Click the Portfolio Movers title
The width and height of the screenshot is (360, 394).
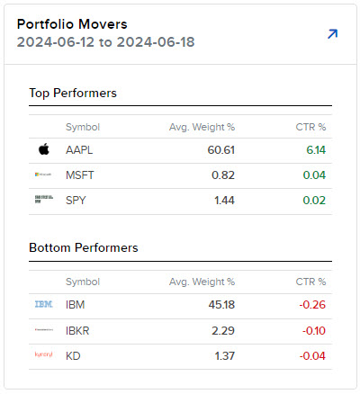pos(72,23)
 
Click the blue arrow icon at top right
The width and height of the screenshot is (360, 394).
pos(332,34)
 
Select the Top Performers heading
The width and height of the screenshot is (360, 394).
pos(73,93)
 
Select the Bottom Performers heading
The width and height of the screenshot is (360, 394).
pos(84,246)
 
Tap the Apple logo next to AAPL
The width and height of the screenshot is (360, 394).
pos(43,149)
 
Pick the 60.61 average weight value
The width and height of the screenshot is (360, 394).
pos(220,149)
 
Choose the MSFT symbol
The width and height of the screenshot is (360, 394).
pos(81,175)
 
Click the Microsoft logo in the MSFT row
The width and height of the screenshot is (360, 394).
pos(43,175)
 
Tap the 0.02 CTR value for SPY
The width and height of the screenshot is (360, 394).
pos(314,200)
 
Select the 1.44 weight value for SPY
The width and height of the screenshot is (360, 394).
pos(223,200)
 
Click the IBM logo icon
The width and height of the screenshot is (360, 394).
pos(43,305)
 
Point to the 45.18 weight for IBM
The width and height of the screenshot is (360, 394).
pos(220,305)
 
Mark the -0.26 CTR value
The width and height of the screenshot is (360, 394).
pos(311,305)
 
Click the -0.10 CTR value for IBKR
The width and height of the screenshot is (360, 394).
pos(311,330)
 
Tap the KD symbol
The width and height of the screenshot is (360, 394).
pos(74,356)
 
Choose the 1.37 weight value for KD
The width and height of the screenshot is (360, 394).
pos(223,356)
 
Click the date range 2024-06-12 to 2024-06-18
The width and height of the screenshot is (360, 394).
pos(106,42)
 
